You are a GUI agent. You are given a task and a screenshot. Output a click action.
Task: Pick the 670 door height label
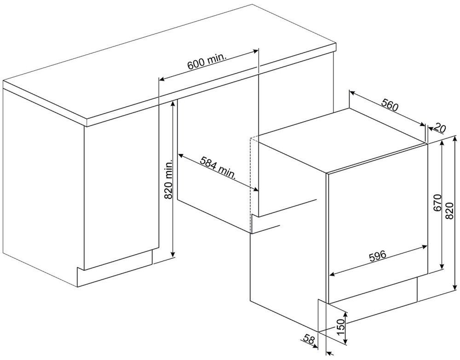pyautogui.click(x=437, y=203)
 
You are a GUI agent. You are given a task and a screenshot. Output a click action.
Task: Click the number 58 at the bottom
pyautogui.click(x=310, y=339)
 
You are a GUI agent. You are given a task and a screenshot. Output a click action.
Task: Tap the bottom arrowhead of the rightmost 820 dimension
pyautogui.click(x=455, y=289)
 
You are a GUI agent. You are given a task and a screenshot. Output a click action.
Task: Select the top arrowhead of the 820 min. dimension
pyautogui.click(x=173, y=105)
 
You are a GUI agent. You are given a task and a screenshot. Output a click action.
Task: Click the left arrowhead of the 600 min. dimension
pyautogui.click(x=161, y=79)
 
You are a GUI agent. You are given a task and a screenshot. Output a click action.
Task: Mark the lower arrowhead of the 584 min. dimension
pyautogui.click(x=256, y=189)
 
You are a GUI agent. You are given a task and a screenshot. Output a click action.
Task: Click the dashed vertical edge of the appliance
pyautogui.click(x=250, y=185)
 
